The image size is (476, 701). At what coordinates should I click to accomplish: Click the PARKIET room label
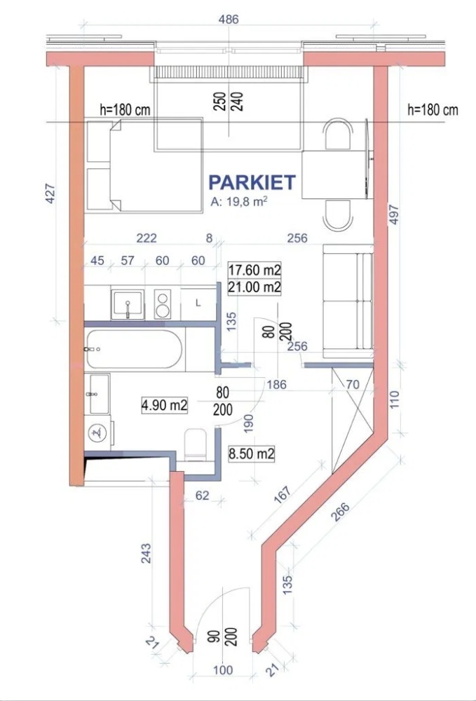pos(252,182)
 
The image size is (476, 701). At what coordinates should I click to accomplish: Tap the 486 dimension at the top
pos(229,19)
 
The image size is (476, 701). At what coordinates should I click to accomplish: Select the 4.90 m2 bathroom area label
pos(165,405)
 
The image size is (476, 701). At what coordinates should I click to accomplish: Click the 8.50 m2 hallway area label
pos(252,454)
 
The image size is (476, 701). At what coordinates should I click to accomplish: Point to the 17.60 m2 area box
pos(254,270)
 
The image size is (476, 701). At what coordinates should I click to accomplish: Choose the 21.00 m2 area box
pos(254,287)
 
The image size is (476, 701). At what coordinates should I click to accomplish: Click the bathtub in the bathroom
pos(134,349)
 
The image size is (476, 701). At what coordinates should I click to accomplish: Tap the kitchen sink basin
pos(128,304)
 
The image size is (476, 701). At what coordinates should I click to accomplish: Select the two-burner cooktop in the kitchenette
pos(162,304)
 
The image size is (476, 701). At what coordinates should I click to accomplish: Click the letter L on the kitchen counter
pos(198,303)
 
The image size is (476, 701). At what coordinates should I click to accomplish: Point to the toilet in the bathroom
pos(195,445)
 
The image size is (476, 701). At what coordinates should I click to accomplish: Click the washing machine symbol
pos(97,433)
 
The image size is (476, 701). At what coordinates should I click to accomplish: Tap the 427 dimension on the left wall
pos(50,193)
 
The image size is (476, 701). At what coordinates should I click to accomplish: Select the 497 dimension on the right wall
pos(393,215)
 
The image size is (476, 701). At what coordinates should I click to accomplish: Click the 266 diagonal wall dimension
pos(341,511)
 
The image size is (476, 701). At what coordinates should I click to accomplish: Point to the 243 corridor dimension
pos(146,553)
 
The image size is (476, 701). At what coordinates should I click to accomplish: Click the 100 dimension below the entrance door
pos(223,669)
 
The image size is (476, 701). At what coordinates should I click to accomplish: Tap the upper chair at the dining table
pos(338,134)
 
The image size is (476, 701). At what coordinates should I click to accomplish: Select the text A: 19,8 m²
pos(239,201)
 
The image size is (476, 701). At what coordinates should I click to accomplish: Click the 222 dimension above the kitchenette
pos(147,238)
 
